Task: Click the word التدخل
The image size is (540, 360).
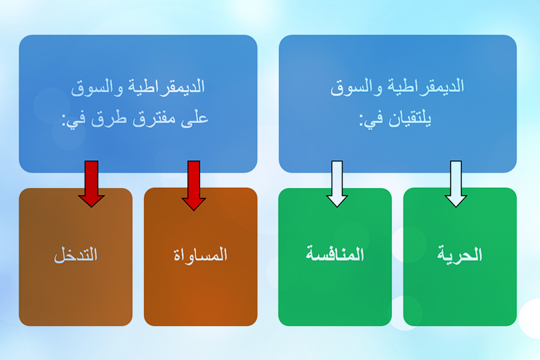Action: (x=75, y=255)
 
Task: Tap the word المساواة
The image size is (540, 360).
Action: (x=200, y=255)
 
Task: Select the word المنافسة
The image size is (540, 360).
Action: (x=335, y=255)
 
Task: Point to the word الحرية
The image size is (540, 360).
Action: (x=460, y=255)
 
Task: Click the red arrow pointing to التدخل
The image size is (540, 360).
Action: (x=91, y=183)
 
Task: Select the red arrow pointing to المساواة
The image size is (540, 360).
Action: (x=194, y=185)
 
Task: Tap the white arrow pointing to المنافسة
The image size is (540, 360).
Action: (x=337, y=183)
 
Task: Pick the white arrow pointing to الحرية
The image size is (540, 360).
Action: (x=457, y=183)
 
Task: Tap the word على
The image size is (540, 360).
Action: (x=195, y=120)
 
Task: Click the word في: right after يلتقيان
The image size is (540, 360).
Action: (x=372, y=120)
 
